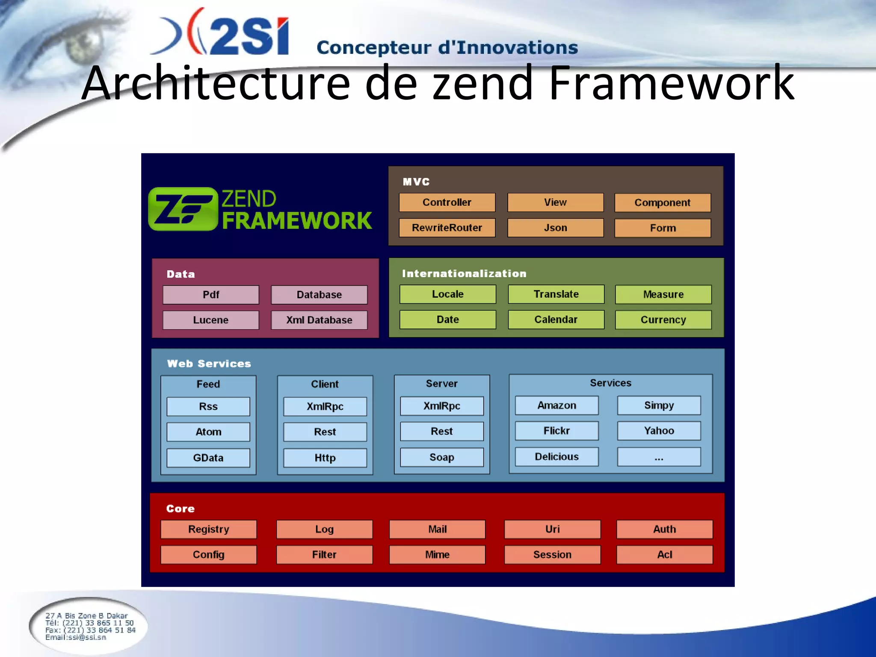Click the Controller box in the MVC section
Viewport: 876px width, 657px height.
pyautogui.click(x=447, y=202)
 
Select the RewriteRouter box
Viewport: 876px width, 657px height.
pyautogui.click(x=447, y=228)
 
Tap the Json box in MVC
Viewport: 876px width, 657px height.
pyautogui.click(x=555, y=228)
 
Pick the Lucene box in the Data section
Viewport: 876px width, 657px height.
pyautogui.click(x=210, y=320)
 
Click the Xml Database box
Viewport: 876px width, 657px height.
pyautogui.click(x=319, y=320)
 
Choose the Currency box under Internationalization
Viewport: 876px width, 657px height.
pyautogui.click(x=663, y=320)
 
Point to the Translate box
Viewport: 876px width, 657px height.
pyautogui.click(x=556, y=294)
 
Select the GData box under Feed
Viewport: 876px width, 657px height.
pyautogui.click(x=208, y=458)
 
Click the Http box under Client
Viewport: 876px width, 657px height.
pyautogui.click(x=325, y=458)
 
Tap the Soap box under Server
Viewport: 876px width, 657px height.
pyautogui.click(x=442, y=457)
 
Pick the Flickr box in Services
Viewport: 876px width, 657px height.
pyautogui.click(x=556, y=431)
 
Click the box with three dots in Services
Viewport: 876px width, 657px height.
pyautogui.click(x=659, y=457)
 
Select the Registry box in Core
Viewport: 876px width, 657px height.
pyautogui.click(x=209, y=529)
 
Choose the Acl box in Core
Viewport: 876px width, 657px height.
pyautogui.click(x=665, y=555)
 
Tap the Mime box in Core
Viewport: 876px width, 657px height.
pyautogui.click(x=437, y=555)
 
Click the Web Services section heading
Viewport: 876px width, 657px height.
pyautogui.click(x=209, y=364)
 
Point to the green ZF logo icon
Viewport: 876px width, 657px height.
pyautogui.click(x=183, y=209)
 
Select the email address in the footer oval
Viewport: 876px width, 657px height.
pyautogui.click(x=76, y=637)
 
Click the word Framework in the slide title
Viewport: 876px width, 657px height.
pyautogui.click(x=671, y=83)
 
